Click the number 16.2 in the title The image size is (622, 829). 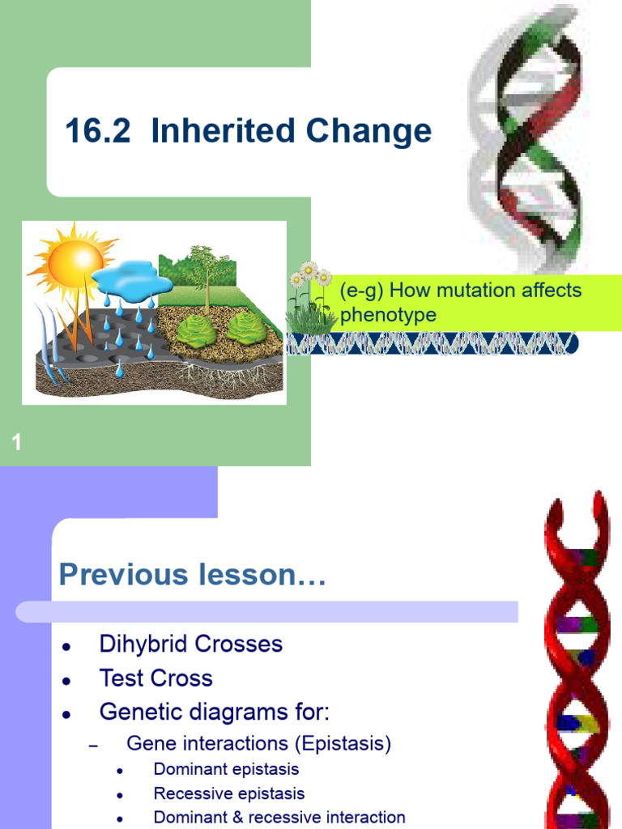[x=97, y=131]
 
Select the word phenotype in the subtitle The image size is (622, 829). [x=388, y=315]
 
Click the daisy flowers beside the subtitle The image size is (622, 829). [x=310, y=279]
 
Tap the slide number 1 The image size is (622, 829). [x=16, y=442]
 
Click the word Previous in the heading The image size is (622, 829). [x=121, y=575]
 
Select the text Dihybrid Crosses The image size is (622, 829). [x=190, y=644]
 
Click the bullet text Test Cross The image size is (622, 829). [x=155, y=678]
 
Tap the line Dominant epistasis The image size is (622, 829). [x=226, y=769]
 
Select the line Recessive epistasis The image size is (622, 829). [x=229, y=794]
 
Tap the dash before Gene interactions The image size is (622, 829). [x=92, y=746]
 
